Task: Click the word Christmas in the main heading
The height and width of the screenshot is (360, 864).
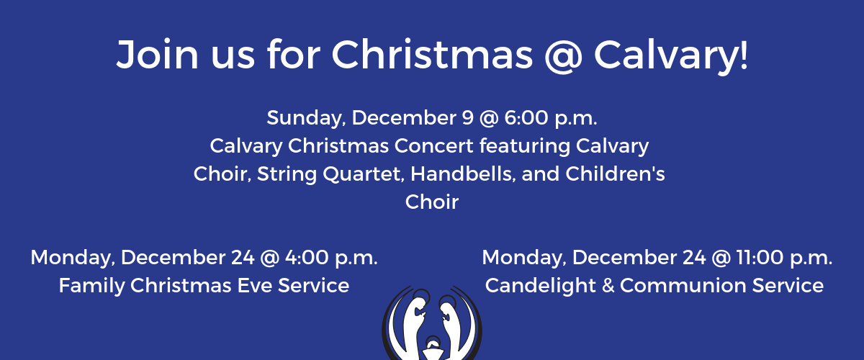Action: (432, 55)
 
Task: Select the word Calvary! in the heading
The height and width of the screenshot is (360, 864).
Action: (671, 56)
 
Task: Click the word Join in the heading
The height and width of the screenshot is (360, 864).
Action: (158, 55)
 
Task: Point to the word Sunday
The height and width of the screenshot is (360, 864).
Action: (306, 118)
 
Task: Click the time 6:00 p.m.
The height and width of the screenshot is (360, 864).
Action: (551, 118)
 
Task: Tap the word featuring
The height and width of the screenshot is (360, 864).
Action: (525, 147)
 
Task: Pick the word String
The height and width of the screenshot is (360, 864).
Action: (287, 174)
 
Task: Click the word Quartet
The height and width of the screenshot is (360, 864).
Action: (364, 174)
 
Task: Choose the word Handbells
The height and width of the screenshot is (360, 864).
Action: (463, 174)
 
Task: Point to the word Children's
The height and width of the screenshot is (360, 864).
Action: (615, 174)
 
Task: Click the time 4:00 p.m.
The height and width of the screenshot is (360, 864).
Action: (331, 258)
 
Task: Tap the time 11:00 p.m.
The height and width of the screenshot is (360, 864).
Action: (784, 258)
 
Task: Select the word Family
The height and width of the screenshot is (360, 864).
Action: (92, 287)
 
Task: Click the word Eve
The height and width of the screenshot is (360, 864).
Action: (254, 286)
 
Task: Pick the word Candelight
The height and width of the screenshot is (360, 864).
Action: (541, 287)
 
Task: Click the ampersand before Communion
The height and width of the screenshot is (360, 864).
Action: (608, 286)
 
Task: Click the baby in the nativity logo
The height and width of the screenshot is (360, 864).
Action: (433, 349)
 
